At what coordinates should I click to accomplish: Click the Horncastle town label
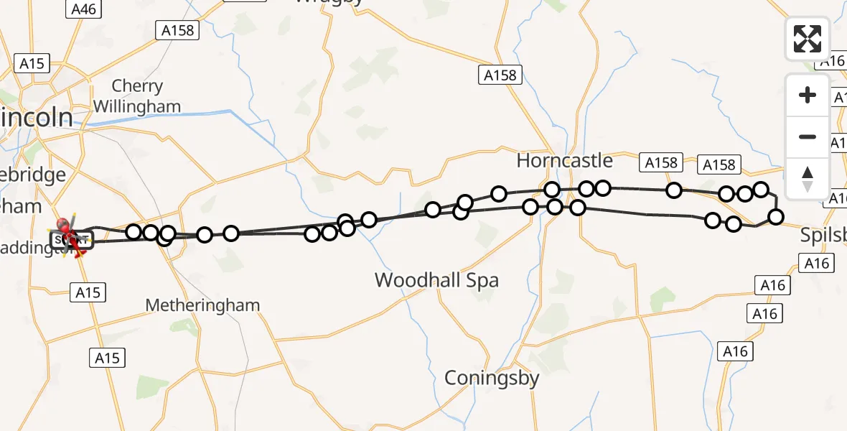pos(565,161)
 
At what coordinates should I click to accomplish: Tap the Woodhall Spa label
pos(436,280)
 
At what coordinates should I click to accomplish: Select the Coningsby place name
pos(492,378)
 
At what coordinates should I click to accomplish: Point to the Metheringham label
pos(202,305)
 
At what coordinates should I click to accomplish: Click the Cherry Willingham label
pos(136,96)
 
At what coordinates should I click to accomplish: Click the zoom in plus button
pos(808,95)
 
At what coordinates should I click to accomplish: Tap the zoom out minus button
pos(808,136)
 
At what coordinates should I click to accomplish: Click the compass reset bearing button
pos(808,178)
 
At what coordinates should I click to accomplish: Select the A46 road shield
pos(84,9)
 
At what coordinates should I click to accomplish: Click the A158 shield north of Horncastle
pos(500,75)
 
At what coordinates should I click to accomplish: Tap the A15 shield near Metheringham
pos(88,292)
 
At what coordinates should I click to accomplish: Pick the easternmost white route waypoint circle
pos(775,217)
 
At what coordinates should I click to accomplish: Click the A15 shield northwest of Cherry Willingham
pos(32,64)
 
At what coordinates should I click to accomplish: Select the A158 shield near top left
pos(175,30)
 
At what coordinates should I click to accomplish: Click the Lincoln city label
pos(36,118)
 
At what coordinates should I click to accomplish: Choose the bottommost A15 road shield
pos(107,358)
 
